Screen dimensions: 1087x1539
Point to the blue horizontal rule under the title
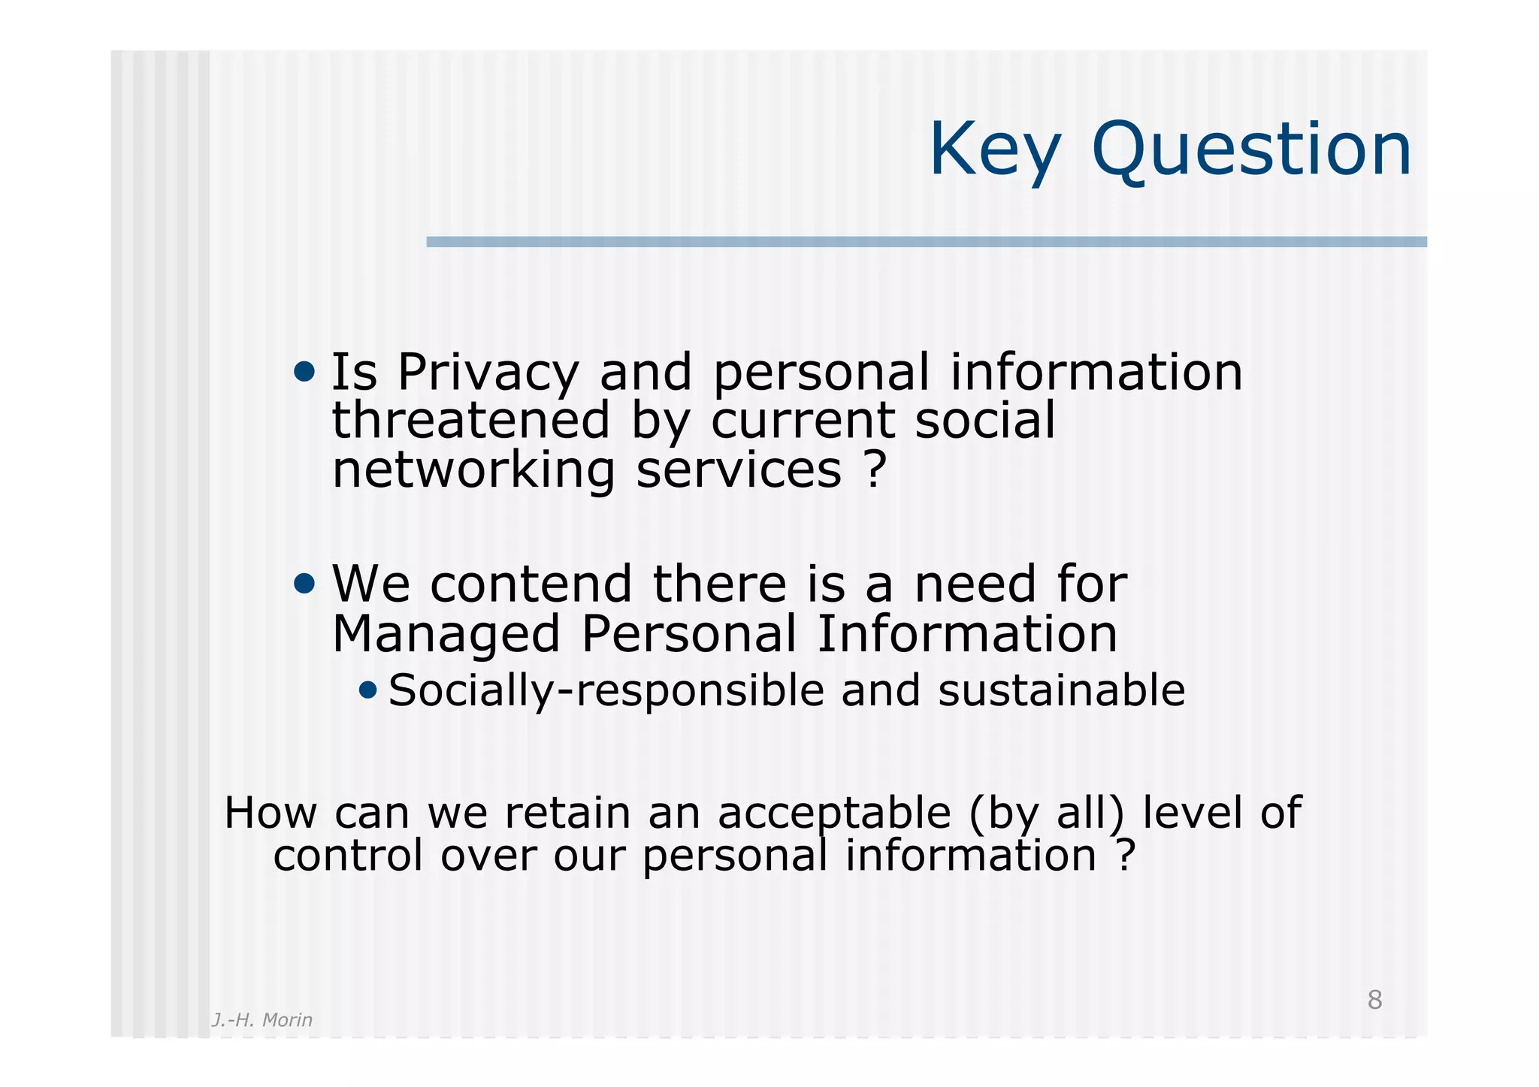tap(926, 242)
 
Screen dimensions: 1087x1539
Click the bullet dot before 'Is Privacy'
tap(304, 371)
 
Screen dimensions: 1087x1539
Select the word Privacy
tap(488, 373)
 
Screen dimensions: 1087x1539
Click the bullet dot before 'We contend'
tap(304, 583)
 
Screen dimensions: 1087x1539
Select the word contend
tap(531, 584)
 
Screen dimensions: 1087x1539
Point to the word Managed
tap(446, 635)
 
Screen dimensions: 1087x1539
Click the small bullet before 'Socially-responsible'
tap(367, 689)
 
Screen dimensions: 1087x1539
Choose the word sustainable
tap(1061, 690)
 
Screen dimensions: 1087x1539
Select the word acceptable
tap(834, 813)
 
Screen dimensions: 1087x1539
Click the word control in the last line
tap(348, 856)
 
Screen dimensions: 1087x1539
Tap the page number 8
tap(1374, 1001)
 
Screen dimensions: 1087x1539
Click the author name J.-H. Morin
tap(262, 1020)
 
